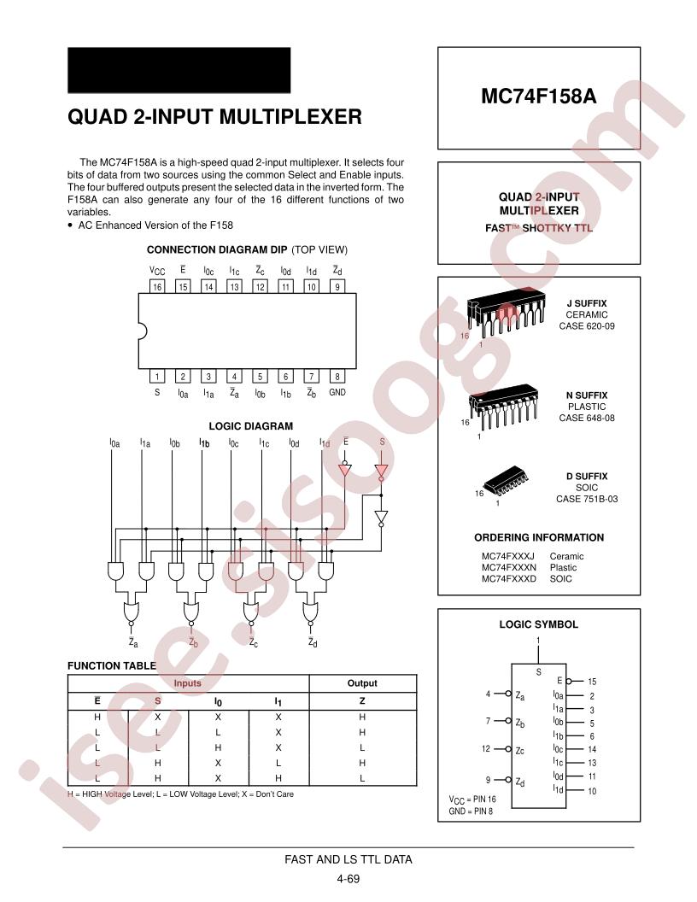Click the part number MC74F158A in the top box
tap(538, 96)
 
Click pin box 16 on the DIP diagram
tap(157, 286)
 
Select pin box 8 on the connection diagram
tap(337, 376)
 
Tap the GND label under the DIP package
tap(337, 392)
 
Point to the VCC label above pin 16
tap(157, 271)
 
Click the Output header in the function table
tap(362, 682)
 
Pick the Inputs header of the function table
tap(187, 682)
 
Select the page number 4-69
tap(348, 878)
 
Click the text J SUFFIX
tap(587, 303)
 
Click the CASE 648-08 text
tap(587, 418)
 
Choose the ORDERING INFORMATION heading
tap(539, 537)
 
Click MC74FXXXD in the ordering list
tap(509, 579)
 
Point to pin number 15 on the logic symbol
tap(592, 681)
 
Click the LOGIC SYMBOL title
tap(538, 624)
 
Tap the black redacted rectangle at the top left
tap(179, 70)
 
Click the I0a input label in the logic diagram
tap(115, 443)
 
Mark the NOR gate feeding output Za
tap(132, 612)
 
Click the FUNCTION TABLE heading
tap(112, 665)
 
